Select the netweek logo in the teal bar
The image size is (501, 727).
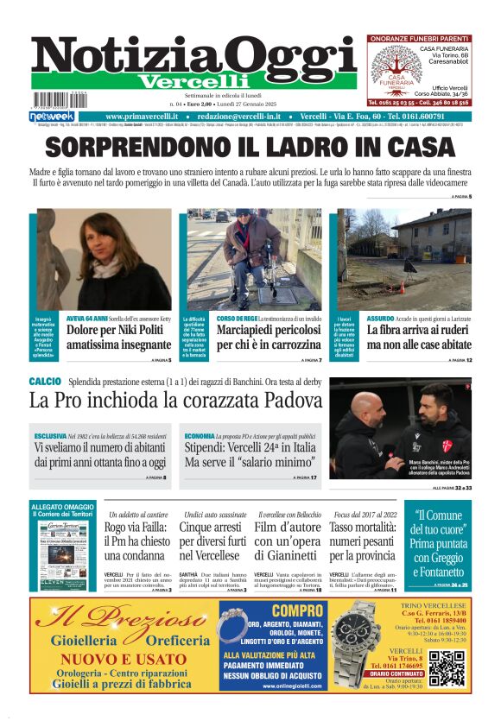(x=52, y=116)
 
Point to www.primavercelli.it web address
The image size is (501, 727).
(x=142, y=116)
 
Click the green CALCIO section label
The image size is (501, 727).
(x=45, y=381)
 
